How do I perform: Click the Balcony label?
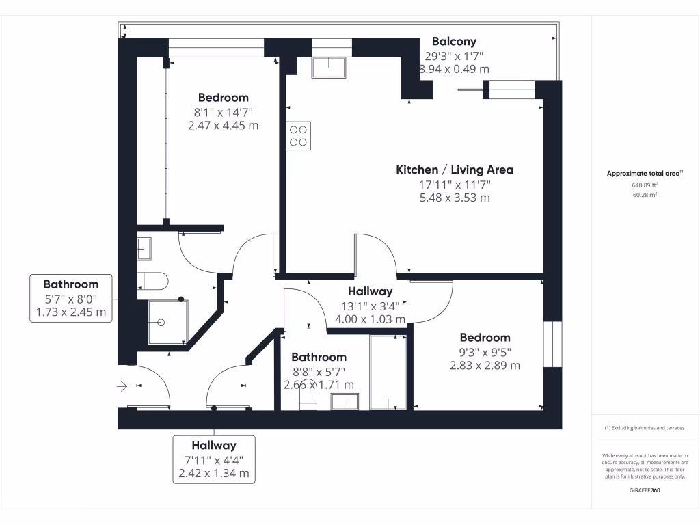pyautogui.click(x=454, y=42)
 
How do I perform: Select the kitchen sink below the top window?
pyautogui.click(x=328, y=68)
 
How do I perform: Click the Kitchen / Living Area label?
pyautogui.click(x=455, y=170)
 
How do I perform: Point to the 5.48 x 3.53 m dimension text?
pyautogui.click(x=455, y=198)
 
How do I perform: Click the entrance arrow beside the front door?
pyautogui.click(x=123, y=387)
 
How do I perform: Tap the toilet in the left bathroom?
pyautogui.click(x=151, y=280)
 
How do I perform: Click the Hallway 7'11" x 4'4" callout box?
pyautogui.click(x=214, y=459)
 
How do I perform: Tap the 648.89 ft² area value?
pyautogui.click(x=645, y=185)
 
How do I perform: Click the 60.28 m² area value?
pyautogui.click(x=645, y=195)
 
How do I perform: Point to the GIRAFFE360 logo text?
pyautogui.click(x=645, y=490)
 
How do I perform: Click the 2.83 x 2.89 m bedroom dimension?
pyautogui.click(x=485, y=366)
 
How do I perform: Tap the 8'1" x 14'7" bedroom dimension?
pyautogui.click(x=224, y=111)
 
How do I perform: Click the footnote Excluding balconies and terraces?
pyautogui.click(x=645, y=428)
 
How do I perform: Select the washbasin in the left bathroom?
pyautogui.click(x=145, y=248)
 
